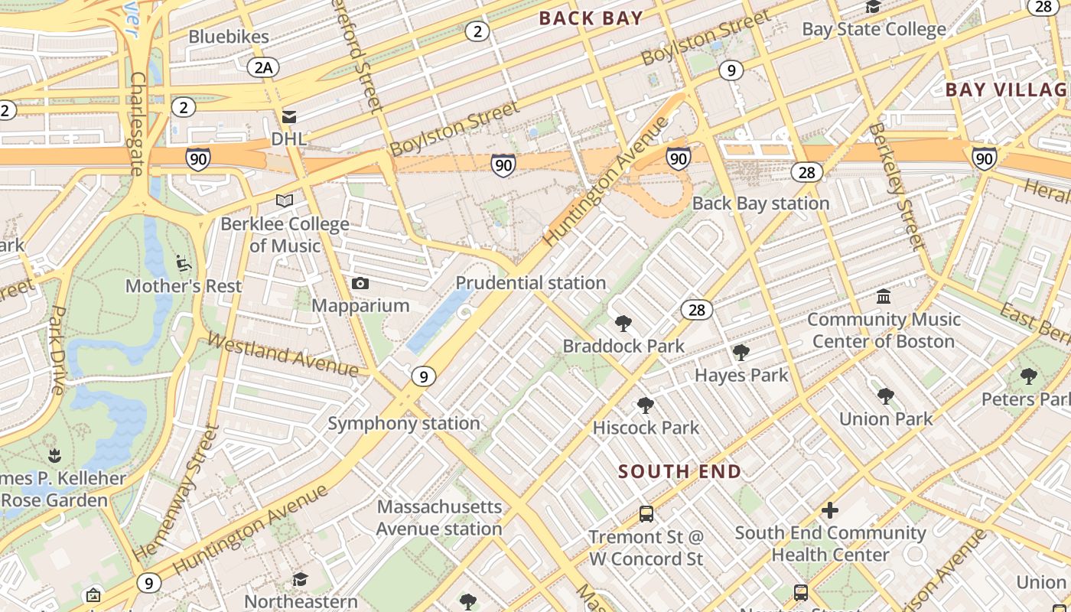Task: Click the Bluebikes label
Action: (x=229, y=36)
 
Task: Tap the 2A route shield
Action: (x=263, y=67)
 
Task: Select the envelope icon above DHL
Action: (x=289, y=117)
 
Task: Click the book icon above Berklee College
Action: (x=285, y=200)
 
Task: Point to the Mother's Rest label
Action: (x=184, y=286)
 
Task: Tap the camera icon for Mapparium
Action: (x=360, y=284)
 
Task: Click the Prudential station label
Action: (x=531, y=283)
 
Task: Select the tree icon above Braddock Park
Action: (x=623, y=324)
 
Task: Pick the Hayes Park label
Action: (x=741, y=375)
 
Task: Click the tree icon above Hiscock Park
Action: (x=646, y=405)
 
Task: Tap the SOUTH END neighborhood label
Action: (x=680, y=471)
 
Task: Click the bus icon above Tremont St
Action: (x=646, y=513)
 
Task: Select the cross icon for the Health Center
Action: (x=830, y=510)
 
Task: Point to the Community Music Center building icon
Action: (x=884, y=296)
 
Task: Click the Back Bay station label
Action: (x=761, y=203)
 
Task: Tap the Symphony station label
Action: (x=404, y=423)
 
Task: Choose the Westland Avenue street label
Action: (x=283, y=354)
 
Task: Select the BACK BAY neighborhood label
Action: (x=591, y=18)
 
